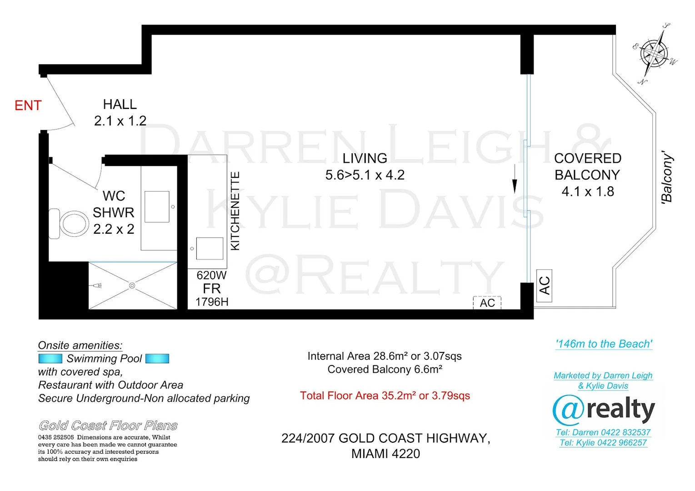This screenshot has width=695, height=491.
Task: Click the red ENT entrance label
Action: (28, 105)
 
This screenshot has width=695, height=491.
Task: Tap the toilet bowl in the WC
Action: (74, 224)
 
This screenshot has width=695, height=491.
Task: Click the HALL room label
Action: (120, 105)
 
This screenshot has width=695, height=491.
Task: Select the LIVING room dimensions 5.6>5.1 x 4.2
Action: (365, 175)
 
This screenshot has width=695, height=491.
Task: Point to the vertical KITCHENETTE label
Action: (235, 210)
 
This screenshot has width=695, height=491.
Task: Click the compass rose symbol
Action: (654, 53)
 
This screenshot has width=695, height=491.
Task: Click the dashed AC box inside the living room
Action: (487, 302)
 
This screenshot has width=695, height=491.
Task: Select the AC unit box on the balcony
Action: (544, 285)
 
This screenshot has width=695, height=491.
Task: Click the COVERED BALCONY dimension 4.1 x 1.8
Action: (588, 192)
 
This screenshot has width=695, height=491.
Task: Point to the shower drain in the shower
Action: (132, 286)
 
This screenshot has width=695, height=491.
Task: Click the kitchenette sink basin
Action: (210, 248)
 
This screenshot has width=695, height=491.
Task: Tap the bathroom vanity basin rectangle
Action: (157, 207)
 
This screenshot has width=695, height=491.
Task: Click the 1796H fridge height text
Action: (212, 302)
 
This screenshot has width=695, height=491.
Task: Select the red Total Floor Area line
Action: (385, 396)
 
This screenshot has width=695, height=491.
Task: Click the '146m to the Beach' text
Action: (604, 344)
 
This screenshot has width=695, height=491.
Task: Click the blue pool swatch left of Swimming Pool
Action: (50, 359)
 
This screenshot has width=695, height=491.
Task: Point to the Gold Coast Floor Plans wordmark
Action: (108, 426)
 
